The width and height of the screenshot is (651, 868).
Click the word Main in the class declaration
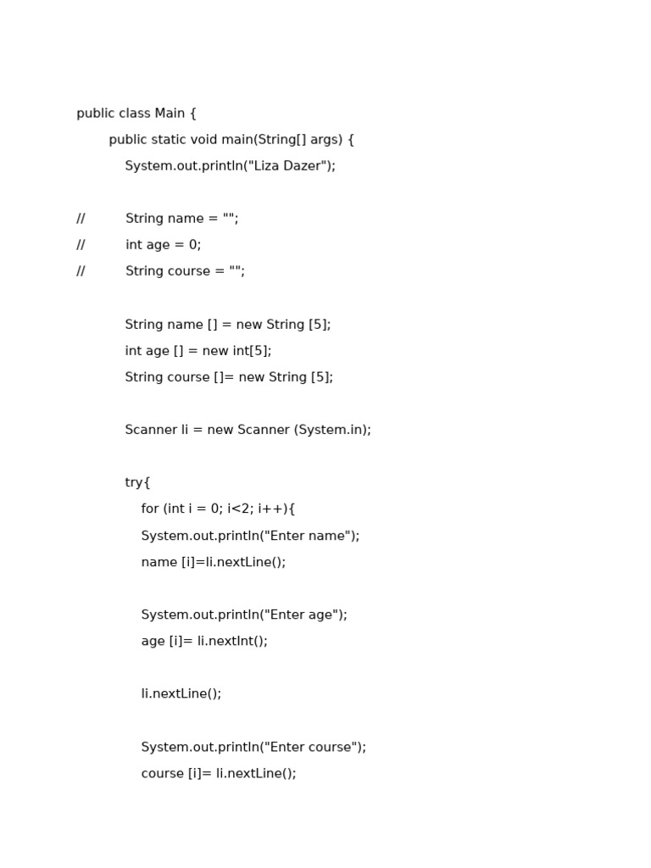tap(170, 114)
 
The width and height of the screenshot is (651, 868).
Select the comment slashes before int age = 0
tap(81, 245)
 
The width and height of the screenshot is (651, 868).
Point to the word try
tap(134, 483)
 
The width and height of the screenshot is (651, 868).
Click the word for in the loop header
tap(150, 509)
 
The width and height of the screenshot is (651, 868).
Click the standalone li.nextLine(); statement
tap(181, 694)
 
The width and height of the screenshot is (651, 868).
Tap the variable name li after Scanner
tap(186, 431)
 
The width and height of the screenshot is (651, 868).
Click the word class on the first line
tap(135, 114)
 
